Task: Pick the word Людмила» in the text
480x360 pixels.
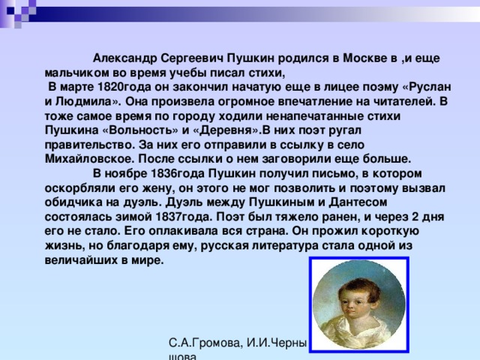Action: (88, 101)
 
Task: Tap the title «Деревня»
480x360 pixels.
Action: (226, 130)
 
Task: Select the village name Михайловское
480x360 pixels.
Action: (90, 159)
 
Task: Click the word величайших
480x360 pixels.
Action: (80, 260)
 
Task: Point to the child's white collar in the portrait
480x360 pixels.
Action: (358, 332)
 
